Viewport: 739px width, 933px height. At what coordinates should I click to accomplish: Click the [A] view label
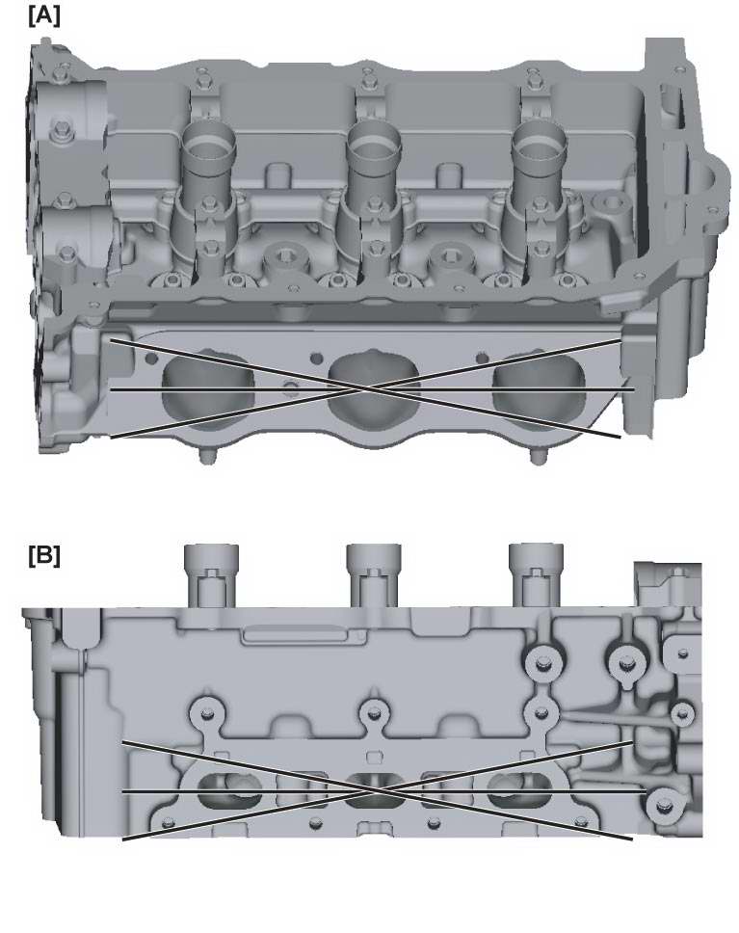pos(44,16)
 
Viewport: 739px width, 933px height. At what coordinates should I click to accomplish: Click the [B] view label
pos(44,556)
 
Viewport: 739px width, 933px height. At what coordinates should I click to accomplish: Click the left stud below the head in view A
pos(208,456)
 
